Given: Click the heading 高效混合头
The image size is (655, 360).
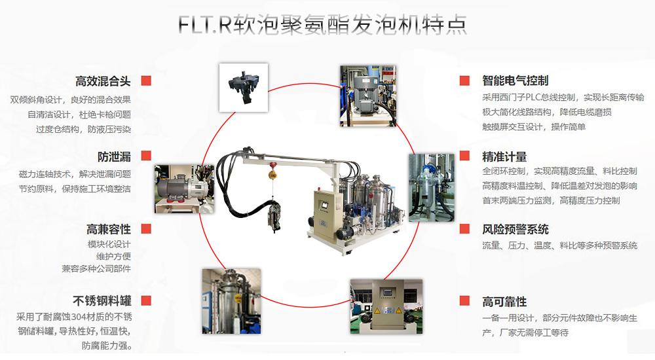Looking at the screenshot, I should click(x=103, y=81).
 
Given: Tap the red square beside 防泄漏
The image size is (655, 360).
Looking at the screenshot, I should click(x=145, y=156).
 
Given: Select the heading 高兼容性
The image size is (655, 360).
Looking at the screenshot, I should click(x=109, y=229).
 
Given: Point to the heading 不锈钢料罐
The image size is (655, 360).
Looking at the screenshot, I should click(x=102, y=301).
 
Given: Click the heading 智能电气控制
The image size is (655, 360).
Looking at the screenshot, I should click(x=515, y=81).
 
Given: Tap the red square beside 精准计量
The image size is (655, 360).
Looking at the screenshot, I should click(x=464, y=156).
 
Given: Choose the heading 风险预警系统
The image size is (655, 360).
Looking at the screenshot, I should click(x=515, y=229).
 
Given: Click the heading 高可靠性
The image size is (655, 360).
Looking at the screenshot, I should click(x=504, y=301).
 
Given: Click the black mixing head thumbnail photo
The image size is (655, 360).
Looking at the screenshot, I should click(x=242, y=88).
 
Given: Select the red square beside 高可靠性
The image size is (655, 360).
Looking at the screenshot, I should click(x=464, y=301).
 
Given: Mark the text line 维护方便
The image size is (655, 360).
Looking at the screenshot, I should click(x=113, y=256).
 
